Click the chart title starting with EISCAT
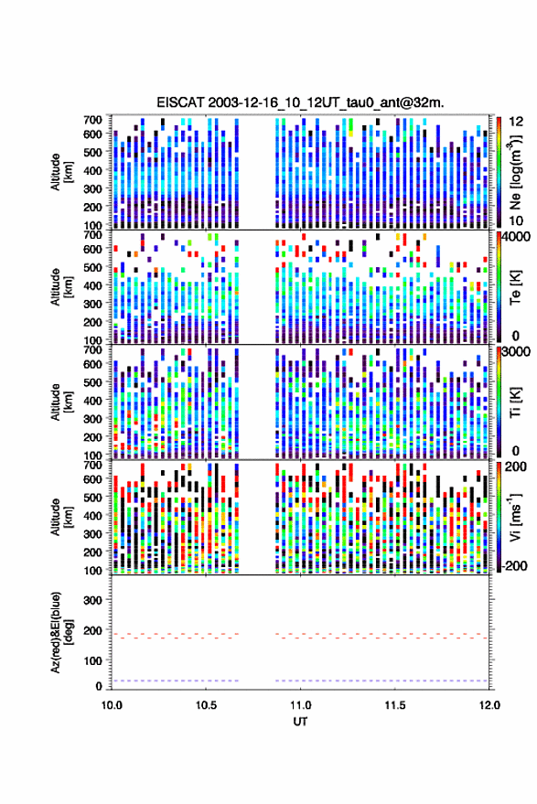(x=301, y=102)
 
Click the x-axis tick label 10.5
(x=206, y=705)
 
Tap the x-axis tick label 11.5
(x=395, y=705)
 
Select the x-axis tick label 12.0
(x=489, y=705)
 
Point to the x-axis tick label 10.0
(x=112, y=705)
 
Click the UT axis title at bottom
(x=300, y=722)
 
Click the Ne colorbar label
(x=515, y=172)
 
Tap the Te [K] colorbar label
(x=515, y=287)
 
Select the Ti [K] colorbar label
(x=515, y=402)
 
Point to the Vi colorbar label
(x=515, y=517)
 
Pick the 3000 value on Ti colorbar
(x=517, y=352)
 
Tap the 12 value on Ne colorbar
(x=517, y=122)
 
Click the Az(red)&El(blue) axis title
(x=61, y=632)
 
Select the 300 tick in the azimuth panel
(x=92, y=600)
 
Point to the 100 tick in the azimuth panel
(x=92, y=661)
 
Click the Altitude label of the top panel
(x=61, y=172)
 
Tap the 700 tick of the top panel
(x=92, y=120)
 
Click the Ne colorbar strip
(x=499, y=172)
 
